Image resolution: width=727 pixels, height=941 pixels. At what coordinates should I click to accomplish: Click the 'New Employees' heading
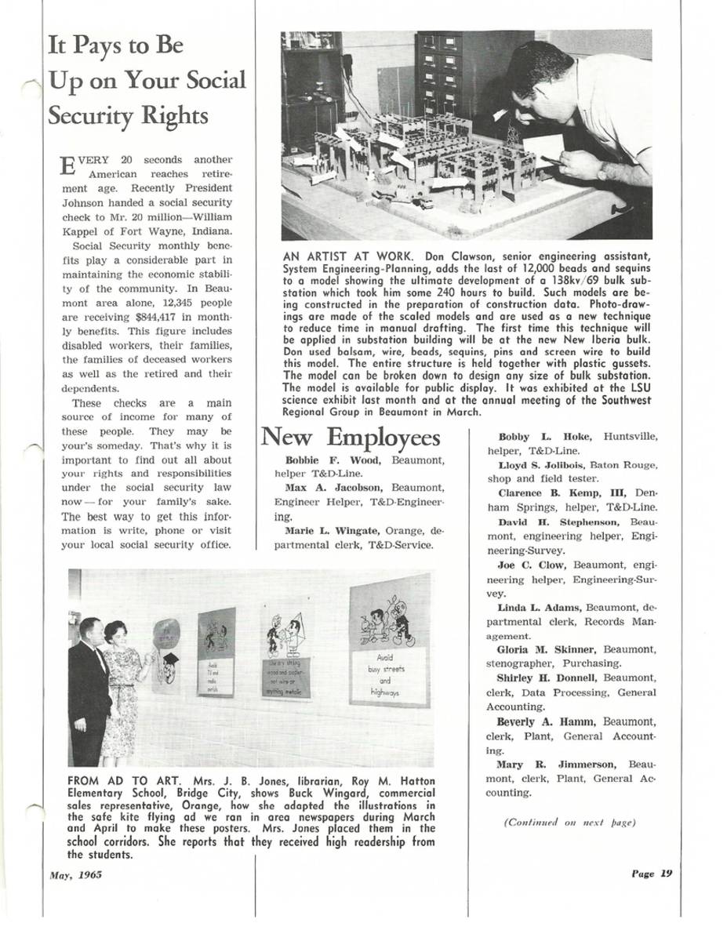click(350, 438)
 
